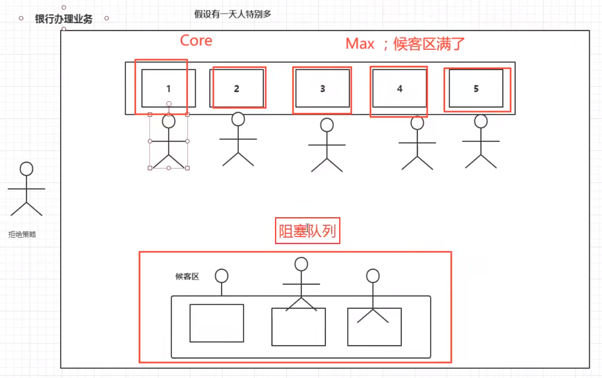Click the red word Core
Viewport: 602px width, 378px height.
click(196, 41)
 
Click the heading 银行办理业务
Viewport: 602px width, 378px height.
click(64, 19)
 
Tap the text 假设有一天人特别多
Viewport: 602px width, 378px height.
click(233, 14)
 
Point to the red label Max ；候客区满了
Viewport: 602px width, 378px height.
click(405, 44)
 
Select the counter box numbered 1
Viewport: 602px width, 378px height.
click(168, 88)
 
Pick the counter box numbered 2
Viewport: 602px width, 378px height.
click(237, 88)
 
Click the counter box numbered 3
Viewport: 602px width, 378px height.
click(323, 88)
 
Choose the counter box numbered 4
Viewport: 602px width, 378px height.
click(400, 88)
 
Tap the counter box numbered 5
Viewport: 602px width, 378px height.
click(476, 88)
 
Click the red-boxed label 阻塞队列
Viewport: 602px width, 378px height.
click(308, 231)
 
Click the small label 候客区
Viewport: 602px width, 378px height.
click(187, 276)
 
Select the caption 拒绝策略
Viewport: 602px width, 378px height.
click(22, 235)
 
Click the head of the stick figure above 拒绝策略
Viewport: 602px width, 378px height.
click(26, 169)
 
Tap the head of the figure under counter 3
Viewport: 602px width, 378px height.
click(327, 125)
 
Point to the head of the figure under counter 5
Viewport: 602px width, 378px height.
click(481, 121)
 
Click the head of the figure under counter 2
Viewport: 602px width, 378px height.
click(238, 119)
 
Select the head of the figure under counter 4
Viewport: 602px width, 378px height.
click(417, 123)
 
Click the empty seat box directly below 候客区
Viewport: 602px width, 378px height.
click(217, 323)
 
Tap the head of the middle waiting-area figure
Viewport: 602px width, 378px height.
click(301, 264)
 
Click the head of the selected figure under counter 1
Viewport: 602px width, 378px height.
click(169, 121)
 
